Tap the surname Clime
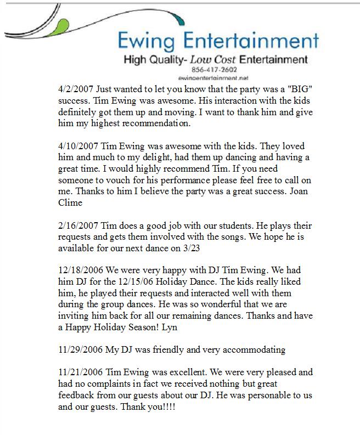70,203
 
